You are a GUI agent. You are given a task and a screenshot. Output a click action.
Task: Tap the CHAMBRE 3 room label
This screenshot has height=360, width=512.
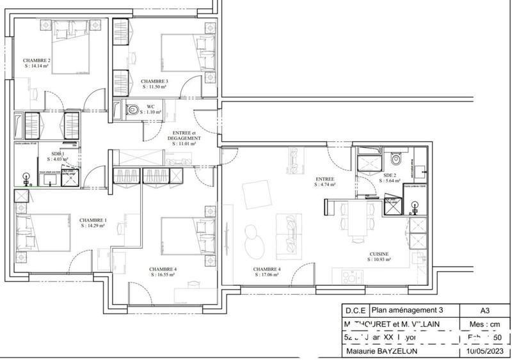point(154,81)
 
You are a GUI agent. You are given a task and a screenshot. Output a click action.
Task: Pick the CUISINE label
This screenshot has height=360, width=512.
point(379,254)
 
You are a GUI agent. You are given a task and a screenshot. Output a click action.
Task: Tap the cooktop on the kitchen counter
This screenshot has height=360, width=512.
point(351,278)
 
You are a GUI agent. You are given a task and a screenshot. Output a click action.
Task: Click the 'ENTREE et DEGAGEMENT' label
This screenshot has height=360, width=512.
point(184,136)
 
